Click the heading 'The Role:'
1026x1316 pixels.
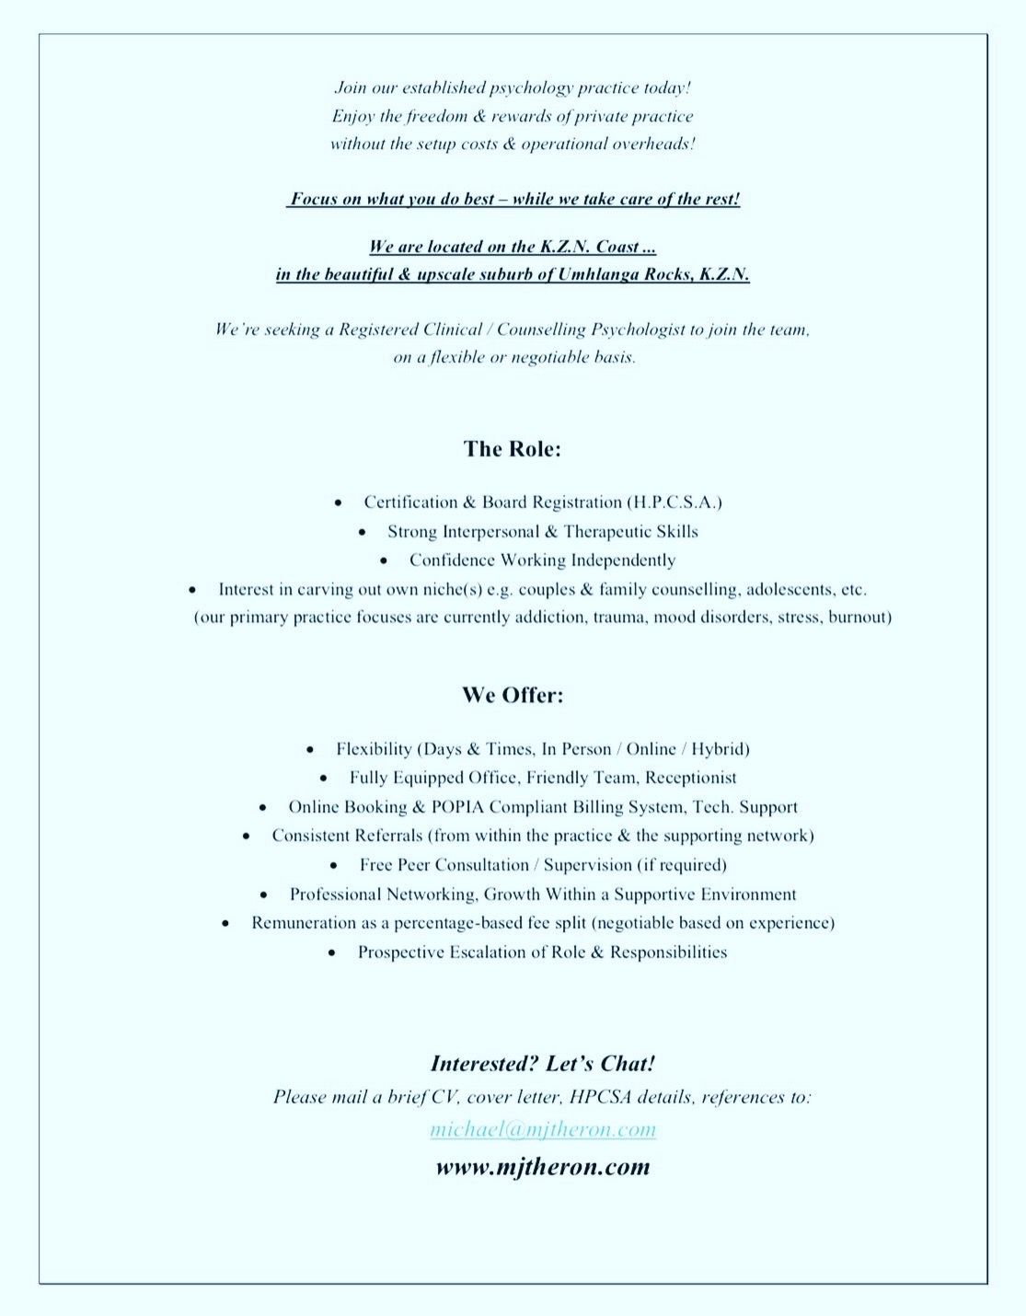[x=513, y=449]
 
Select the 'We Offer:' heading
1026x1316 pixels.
[x=513, y=696]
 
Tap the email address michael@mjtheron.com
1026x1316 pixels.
[x=543, y=1129]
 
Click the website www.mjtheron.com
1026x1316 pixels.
[x=543, y=1167]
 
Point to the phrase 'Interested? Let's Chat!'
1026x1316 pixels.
[x=543, y=1064]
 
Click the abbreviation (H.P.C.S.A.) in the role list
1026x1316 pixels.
[x=674, y=502]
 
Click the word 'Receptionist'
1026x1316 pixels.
[x=691, y=779]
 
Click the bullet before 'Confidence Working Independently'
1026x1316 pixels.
[x=387, y=560]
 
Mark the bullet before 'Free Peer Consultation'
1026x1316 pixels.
[x=338, y=866]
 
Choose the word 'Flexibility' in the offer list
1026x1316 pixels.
[x=374, y=749]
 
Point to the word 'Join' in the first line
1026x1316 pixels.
[x=350, y=88]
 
